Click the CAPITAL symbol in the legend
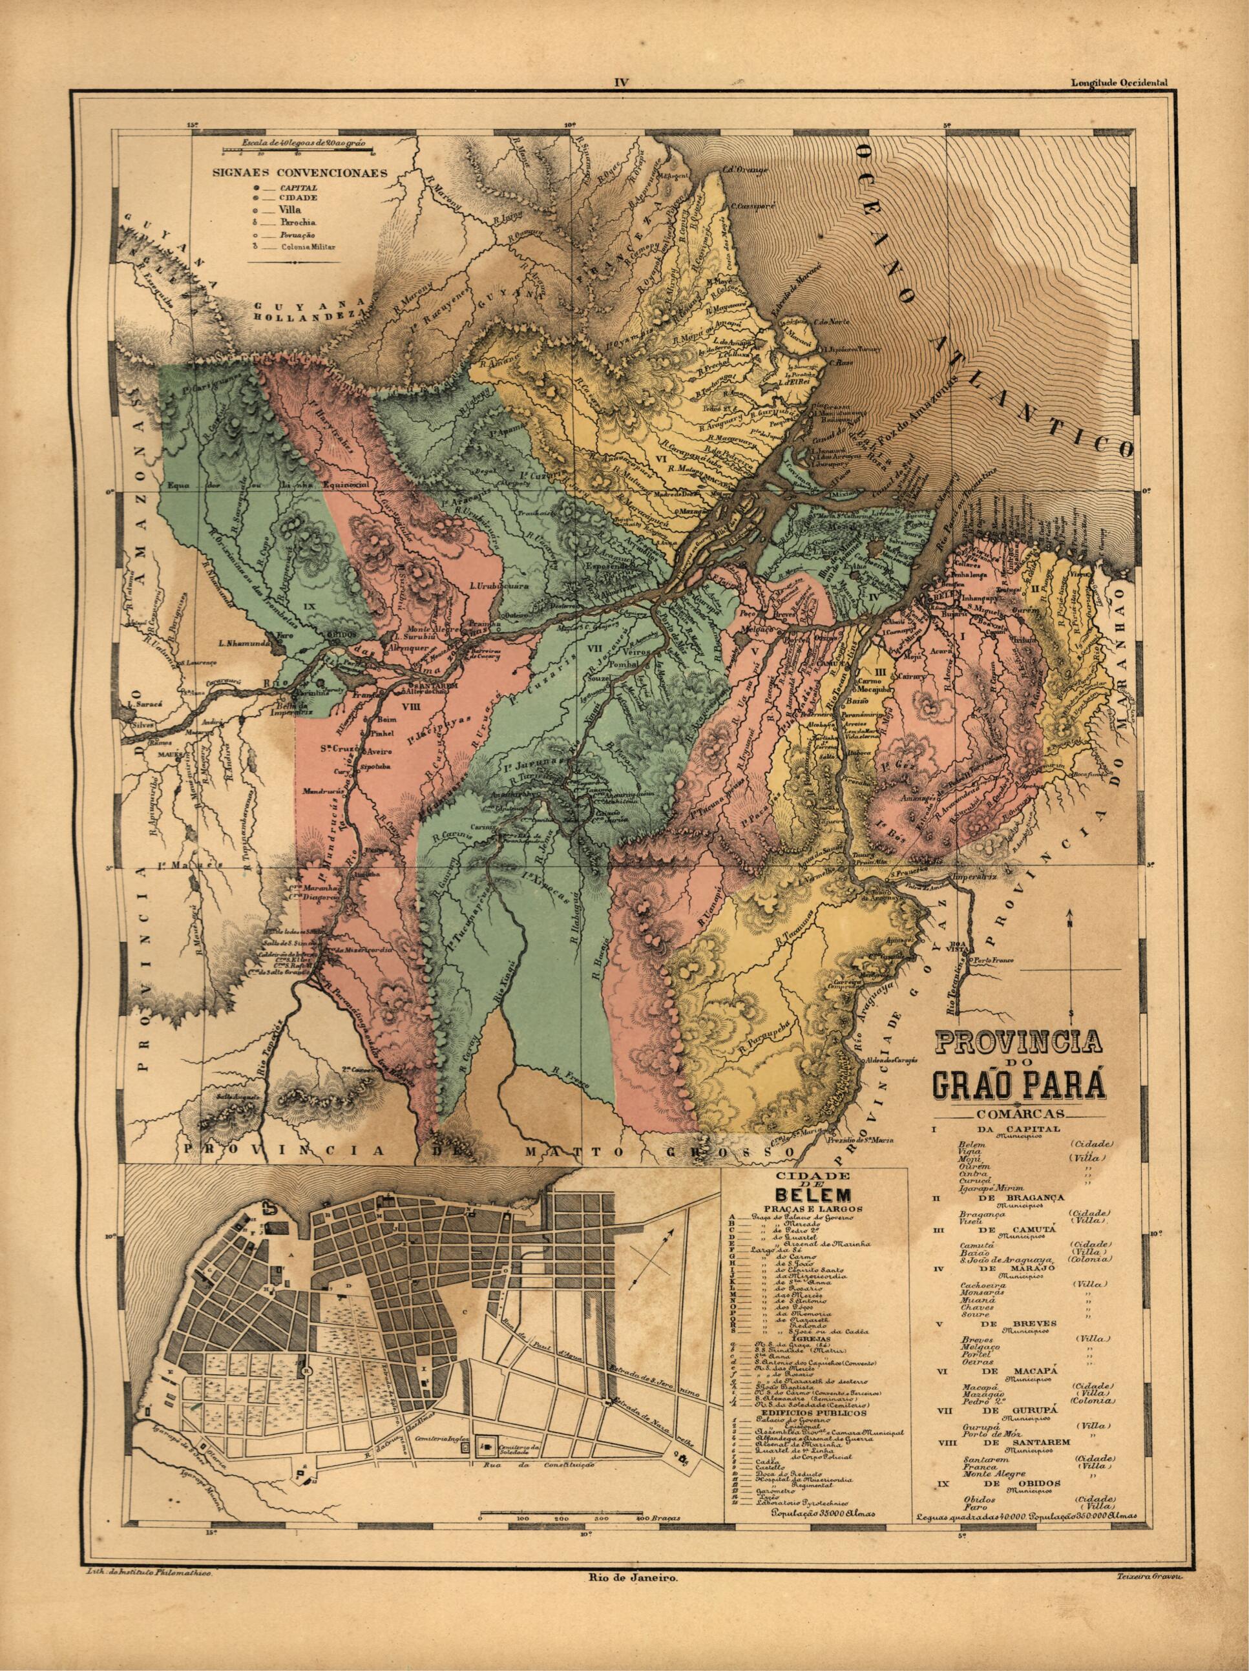click(258, 186)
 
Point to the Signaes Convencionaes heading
click(300, 171)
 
